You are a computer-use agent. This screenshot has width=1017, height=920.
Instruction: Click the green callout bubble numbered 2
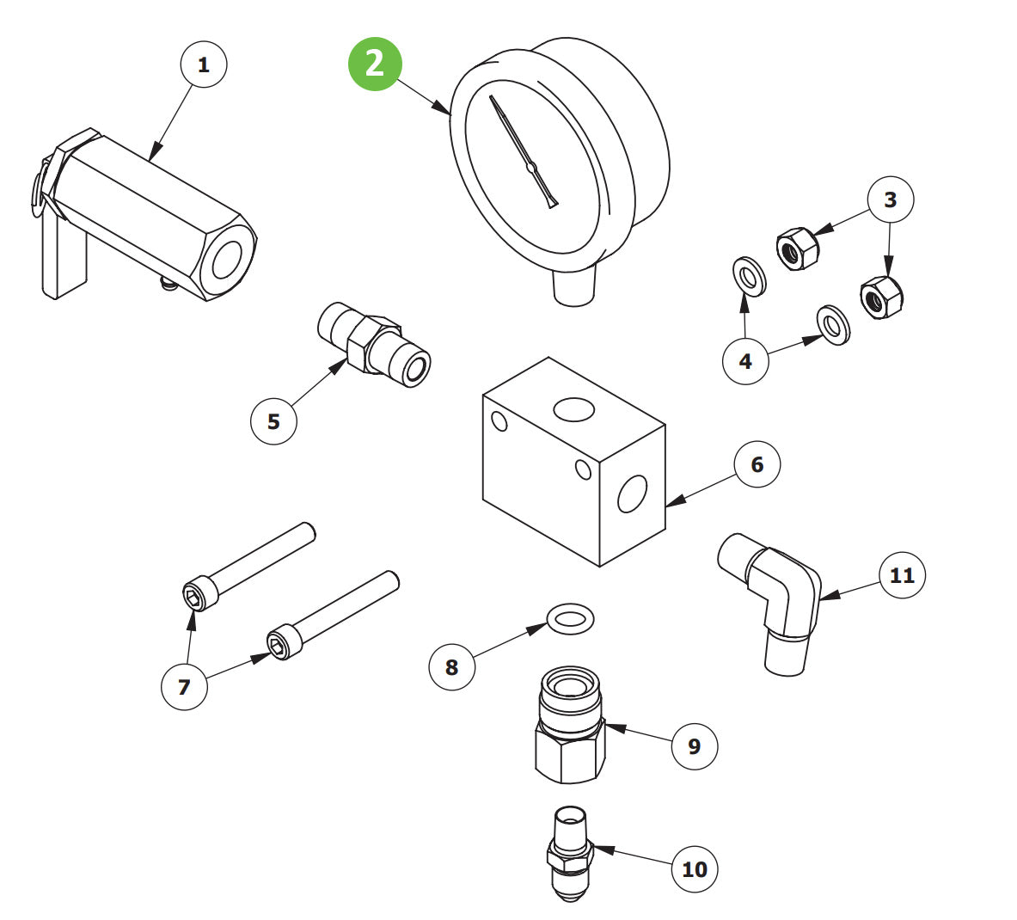[x=375, y=64]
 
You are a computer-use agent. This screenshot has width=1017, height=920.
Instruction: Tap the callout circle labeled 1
[x=204, y=64]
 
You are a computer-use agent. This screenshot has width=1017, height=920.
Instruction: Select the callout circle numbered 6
[x=757, y=464]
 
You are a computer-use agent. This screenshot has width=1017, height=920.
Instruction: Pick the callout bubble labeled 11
[x=902, y=575]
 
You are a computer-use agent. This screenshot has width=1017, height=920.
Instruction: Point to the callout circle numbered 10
[x=695, y=868]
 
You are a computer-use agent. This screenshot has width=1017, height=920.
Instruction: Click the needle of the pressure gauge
[x=524, y=152]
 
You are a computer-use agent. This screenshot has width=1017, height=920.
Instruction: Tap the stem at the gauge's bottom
[x=574, y=285]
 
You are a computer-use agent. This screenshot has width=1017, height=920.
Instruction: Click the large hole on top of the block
[x=573, y=409]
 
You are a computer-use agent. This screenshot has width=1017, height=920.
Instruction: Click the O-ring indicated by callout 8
[x=570, y=617]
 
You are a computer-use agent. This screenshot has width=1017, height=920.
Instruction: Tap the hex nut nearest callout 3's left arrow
[x=798, y=248]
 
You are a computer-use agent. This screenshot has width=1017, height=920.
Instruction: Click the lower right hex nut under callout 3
[x=882, y=297]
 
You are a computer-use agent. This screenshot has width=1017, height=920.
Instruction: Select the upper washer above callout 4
[x=749, y=276]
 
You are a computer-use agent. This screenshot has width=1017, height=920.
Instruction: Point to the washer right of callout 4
[x=833, y=325]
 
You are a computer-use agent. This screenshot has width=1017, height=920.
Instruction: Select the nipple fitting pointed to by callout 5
[x=374, y=344]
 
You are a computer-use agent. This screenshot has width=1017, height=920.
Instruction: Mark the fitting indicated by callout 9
[x=570, y=725]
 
